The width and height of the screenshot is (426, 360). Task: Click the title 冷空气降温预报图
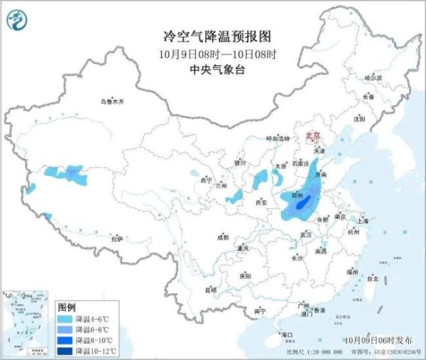tap(212, 36)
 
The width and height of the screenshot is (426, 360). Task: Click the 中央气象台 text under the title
tap(212, 69)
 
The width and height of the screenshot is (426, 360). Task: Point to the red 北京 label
tap(312, 133)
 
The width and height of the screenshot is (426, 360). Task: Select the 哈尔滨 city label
tap(373, 77)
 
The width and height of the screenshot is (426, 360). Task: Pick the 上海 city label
tap(364, 221)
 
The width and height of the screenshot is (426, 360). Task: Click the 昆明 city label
tap(211, 290)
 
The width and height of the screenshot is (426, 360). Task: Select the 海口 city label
tap(288, 334)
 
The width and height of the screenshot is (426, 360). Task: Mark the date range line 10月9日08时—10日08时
tap(212, 53)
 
